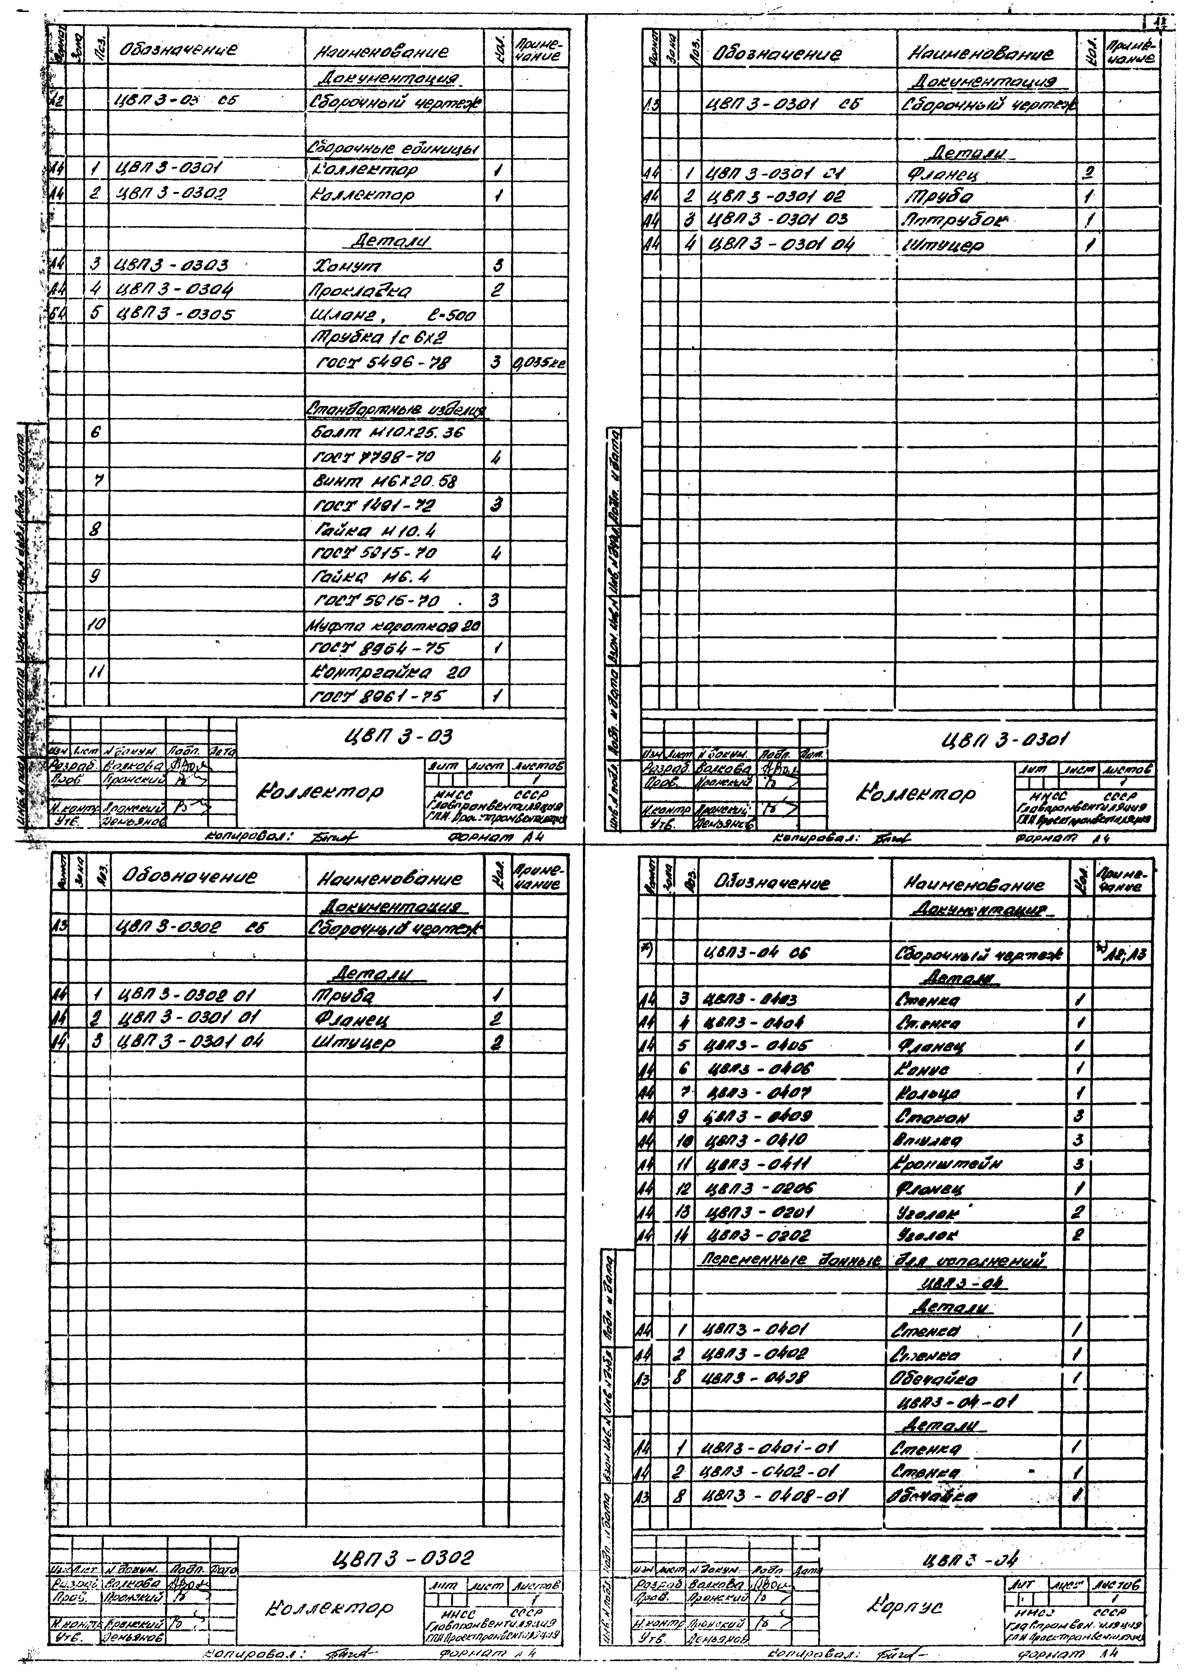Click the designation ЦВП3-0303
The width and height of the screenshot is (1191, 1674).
173,266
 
